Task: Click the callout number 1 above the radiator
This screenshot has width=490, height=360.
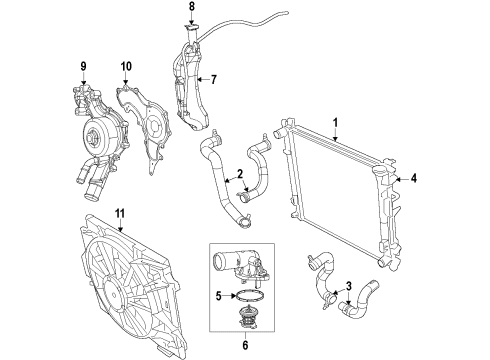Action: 337,123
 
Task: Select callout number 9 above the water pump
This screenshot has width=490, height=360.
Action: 84,68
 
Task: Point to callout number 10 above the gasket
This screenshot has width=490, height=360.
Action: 126,68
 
